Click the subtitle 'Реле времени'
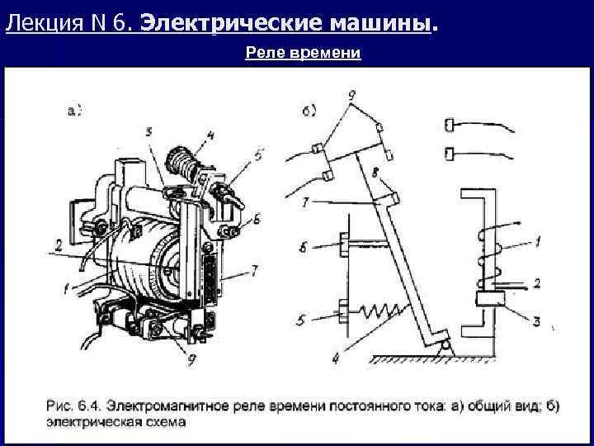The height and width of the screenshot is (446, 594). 304,54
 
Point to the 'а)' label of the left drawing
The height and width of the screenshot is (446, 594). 73,110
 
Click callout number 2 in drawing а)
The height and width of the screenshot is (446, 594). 59,244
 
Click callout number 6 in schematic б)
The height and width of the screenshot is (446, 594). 303,245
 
